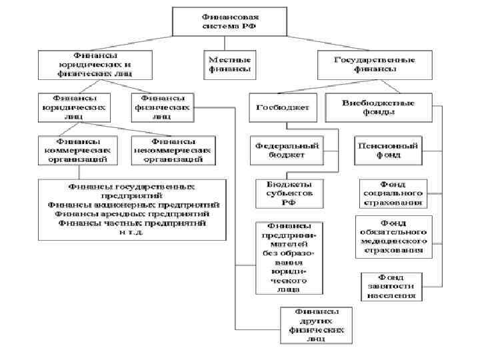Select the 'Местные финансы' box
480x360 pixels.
tap(227, 63)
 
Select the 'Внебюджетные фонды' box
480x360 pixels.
tap(378, 107)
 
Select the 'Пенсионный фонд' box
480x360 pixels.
tap(388, 150)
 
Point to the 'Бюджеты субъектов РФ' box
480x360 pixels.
tap(288, 193)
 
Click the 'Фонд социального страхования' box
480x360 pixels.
tap(392, 193)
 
